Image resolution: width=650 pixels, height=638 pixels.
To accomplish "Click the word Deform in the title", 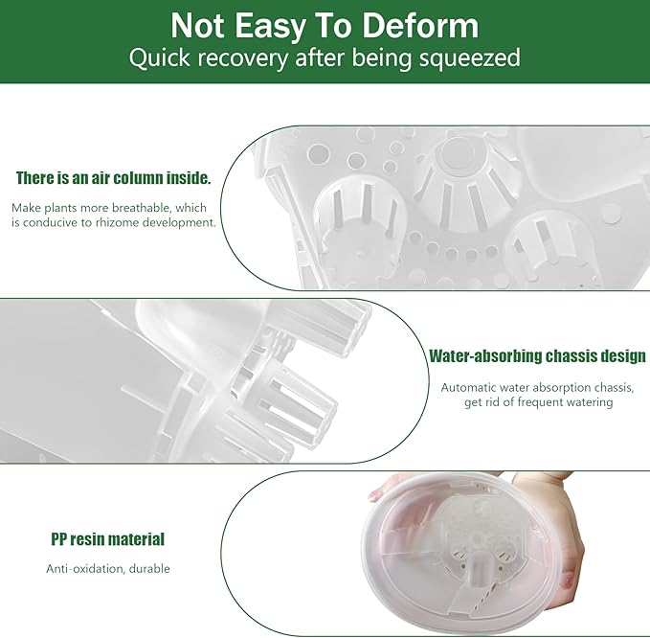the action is tap(420, 26).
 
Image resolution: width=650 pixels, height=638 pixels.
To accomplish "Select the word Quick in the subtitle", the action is tap(159, 58).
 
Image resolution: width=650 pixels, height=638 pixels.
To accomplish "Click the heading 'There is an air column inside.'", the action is tap(114, 178).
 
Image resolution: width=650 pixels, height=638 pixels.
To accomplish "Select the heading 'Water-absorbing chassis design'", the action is tap(537, 356).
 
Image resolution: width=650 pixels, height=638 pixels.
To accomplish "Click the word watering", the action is tap(589, 402).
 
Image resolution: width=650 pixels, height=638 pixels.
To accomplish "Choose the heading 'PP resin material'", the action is tap(108, 539).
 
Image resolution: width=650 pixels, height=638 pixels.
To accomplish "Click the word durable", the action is tap(149, 568).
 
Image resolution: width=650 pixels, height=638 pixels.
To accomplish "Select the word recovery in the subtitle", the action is tap(242, 58).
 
